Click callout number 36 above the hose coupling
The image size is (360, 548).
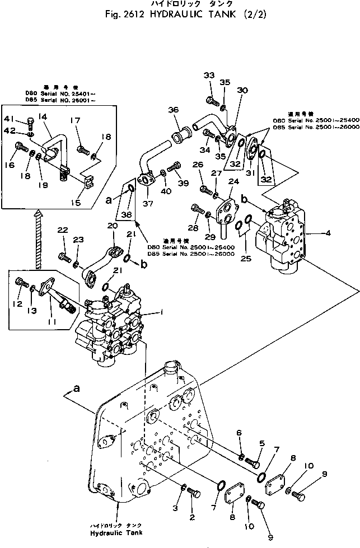coord(173,110)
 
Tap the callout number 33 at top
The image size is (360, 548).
coord(209,76)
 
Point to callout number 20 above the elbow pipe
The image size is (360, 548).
coord(113,226)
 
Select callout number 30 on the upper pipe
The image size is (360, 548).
coord(242,91)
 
